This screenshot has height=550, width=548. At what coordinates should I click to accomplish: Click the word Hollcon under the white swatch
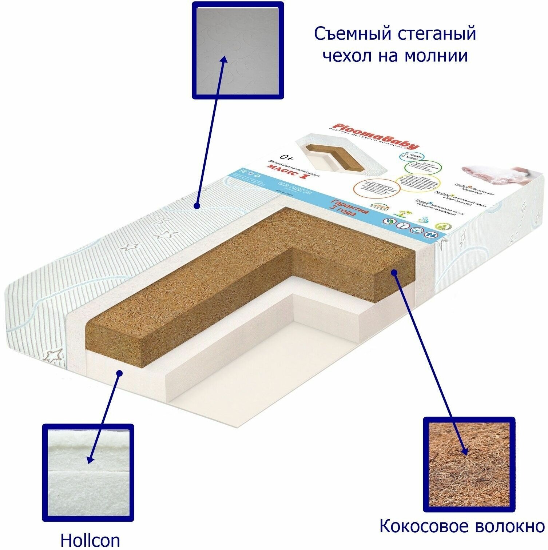(x=90, y=540)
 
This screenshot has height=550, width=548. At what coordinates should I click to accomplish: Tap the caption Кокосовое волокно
(x=462, y=526)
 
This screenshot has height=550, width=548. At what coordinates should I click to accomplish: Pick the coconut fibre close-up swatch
(x=469, y=464)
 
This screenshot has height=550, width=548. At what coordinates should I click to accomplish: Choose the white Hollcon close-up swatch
(x=88, y=473)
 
